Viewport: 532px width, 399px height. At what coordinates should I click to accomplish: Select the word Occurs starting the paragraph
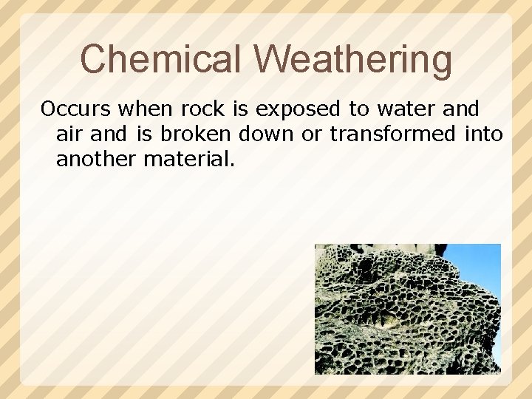point(76,109)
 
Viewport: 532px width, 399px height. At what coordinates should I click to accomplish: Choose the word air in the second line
point(69,134)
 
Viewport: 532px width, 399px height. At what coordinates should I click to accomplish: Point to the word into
point(484,134)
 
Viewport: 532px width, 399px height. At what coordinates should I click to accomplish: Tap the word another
point(96,158)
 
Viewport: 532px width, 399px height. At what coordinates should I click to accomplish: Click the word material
point(189,158)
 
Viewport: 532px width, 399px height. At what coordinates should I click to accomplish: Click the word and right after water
point(460,109)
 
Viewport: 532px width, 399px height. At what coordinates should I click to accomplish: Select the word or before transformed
point(312,134)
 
